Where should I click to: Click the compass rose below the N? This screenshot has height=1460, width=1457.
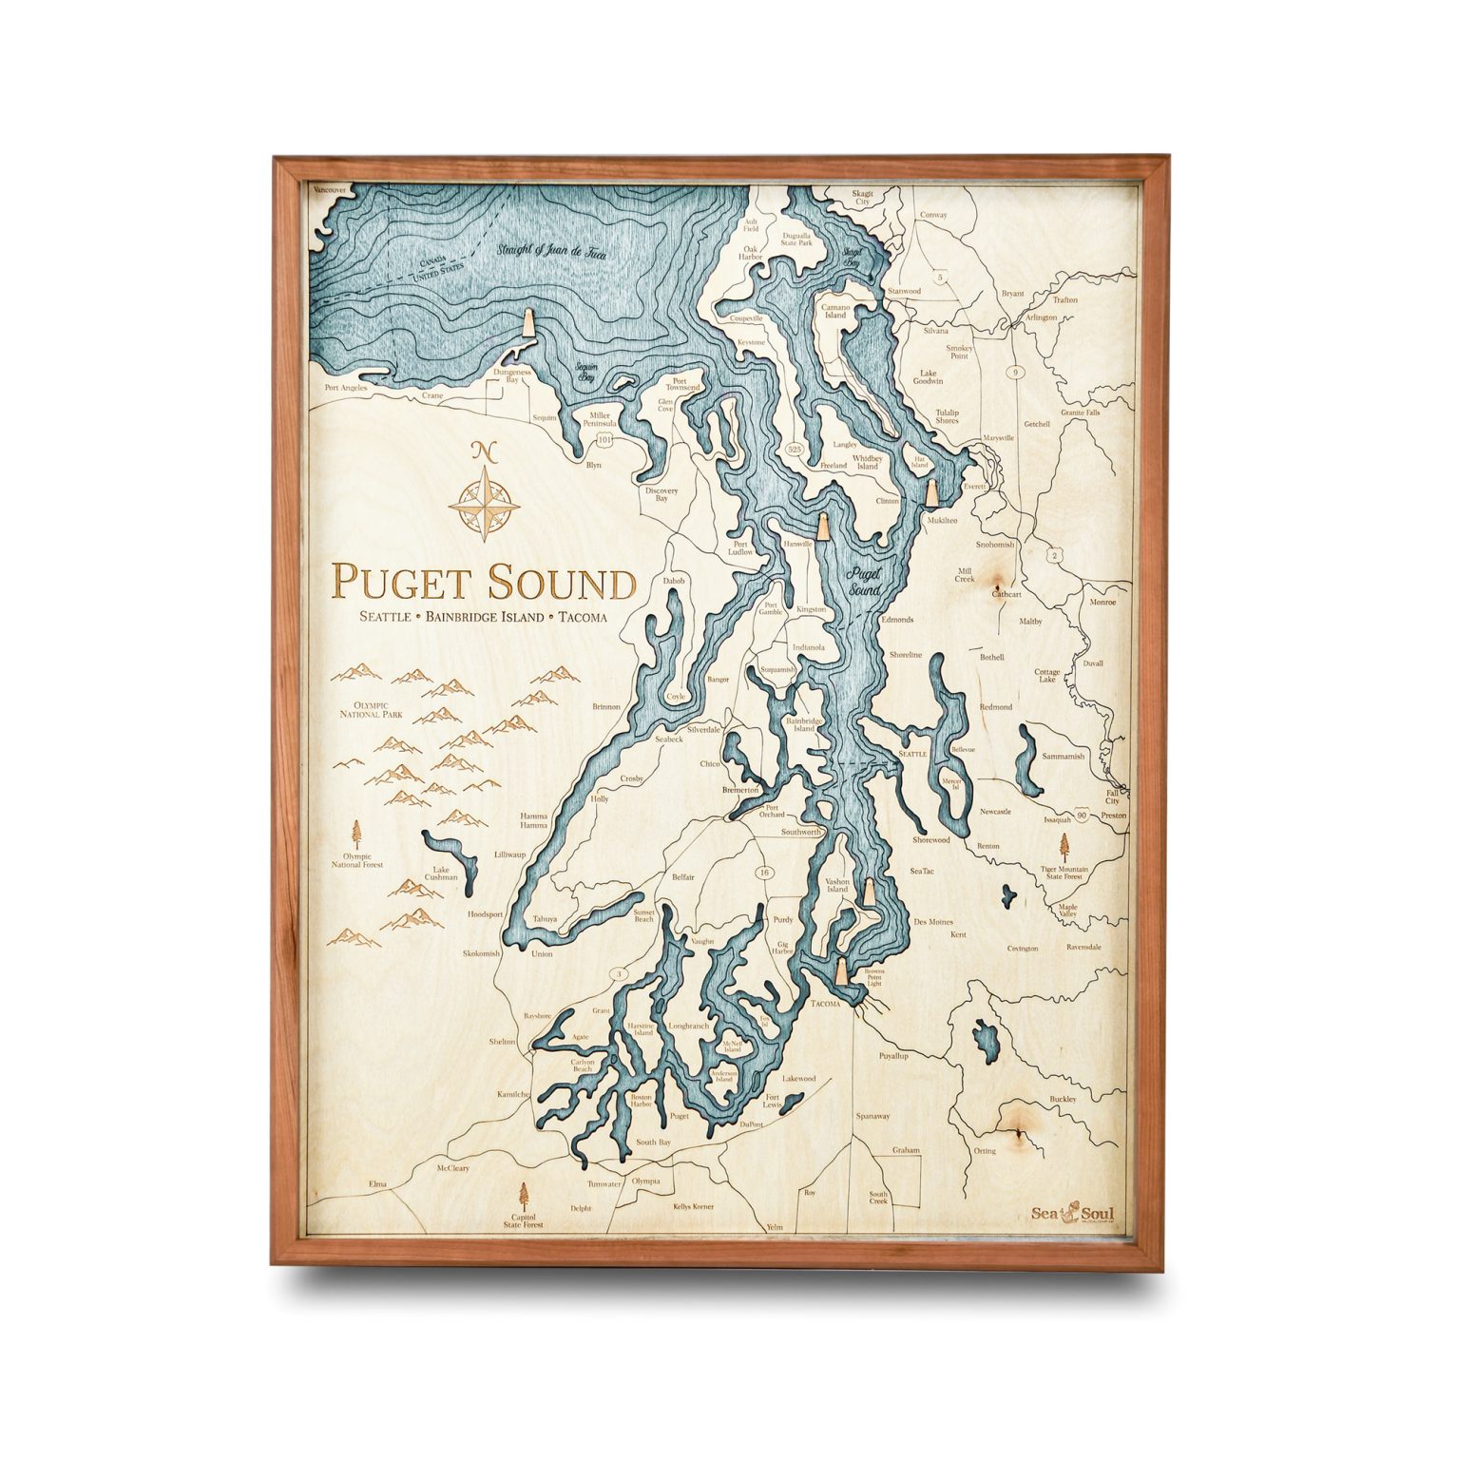click(x=484, y=502)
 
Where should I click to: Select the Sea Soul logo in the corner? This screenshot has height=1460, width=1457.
click(x=1072, y=1214)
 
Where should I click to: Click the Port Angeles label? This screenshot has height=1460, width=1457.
click(x=345, y=388)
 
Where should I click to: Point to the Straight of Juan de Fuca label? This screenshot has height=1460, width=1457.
click(x=550, y=252)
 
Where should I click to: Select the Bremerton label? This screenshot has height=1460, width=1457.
click(x=740, y=790)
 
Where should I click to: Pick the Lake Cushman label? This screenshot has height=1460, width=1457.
click(x=441, y=873)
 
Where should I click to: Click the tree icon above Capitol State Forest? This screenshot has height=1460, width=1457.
click(x=523, y=1195)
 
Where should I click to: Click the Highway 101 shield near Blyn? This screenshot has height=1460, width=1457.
click(x=604, y=440)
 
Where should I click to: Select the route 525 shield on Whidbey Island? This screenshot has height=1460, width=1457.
click(x=795, y=448)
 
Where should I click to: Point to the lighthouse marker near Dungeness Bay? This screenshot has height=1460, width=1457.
click(x=527, y=325)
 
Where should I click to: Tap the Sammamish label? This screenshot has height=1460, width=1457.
click(x=1063, y=757)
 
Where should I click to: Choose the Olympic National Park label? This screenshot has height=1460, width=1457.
click(x=374, y=709)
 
